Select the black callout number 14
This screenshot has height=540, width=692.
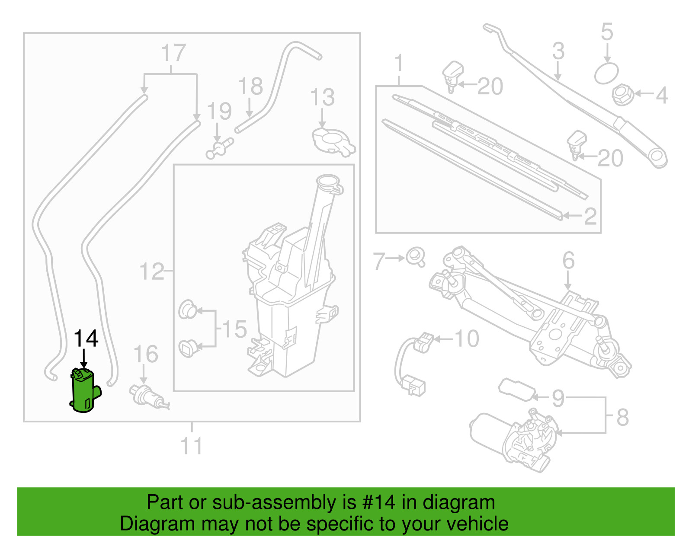(x=86, y=339)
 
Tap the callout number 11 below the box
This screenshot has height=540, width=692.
(x=191, y=446)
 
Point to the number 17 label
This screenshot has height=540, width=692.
(x=173, y=53)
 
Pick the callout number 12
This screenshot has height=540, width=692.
(x=151, y=272)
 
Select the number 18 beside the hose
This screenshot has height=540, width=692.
(x=250, y=86)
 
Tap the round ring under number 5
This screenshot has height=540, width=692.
(x=606, y=73)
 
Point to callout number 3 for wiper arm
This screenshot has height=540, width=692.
(x=558, y=51)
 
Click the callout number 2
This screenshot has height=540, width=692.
(x=590, y=216)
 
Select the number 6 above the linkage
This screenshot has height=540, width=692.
(x=568, y=261)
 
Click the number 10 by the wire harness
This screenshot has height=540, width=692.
(x=467, y=339)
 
